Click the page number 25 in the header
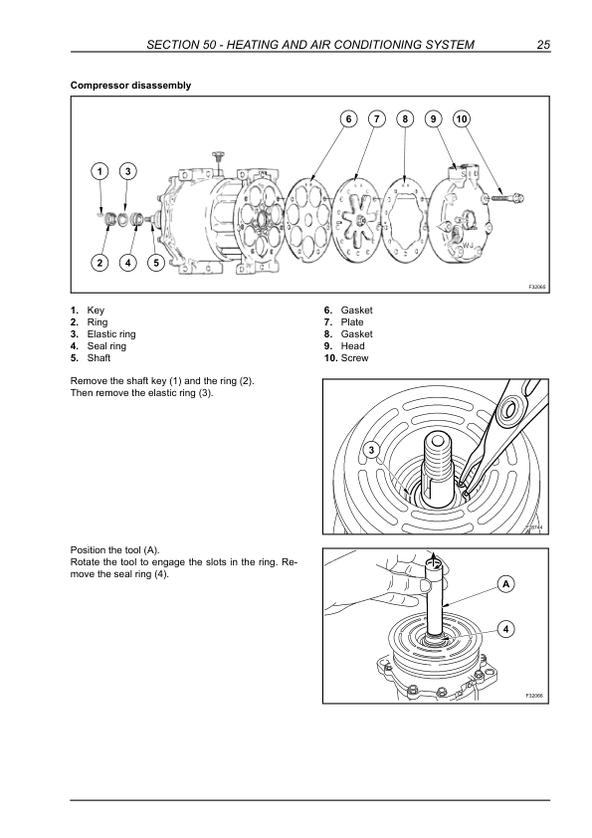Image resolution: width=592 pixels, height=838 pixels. click(x=543, y=45)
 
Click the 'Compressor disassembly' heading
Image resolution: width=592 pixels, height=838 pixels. click(x=130, y=86)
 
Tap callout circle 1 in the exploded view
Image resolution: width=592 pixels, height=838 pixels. click(x=99, y=171)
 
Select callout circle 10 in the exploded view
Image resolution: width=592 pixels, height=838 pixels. click(x=462, y=118)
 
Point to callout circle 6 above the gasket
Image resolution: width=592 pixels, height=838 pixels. click(x=349, y=118)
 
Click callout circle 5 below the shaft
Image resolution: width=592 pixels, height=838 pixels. click(x=156, y=263)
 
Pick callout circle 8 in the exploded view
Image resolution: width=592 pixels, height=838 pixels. click(x=405, y=118)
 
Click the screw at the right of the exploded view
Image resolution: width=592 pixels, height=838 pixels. click(x=504, y=198)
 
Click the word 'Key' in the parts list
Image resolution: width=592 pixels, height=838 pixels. click(x=96, y=311)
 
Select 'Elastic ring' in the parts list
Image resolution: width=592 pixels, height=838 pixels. click(x=111, y=334)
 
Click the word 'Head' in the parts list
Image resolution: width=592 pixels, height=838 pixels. click(x=352, y=346)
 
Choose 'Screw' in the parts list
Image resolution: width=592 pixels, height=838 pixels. click(x=355, y=358)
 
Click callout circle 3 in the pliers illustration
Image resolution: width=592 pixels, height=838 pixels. click(x=372, y=451)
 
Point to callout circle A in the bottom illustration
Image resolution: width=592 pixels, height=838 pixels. click(x=506, y=584)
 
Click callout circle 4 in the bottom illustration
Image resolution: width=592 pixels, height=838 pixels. click(x=506, y=629)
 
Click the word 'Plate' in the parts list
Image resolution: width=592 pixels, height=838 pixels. click(x=352, y=322)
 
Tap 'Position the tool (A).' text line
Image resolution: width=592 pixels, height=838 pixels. click(x=114, y=550)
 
